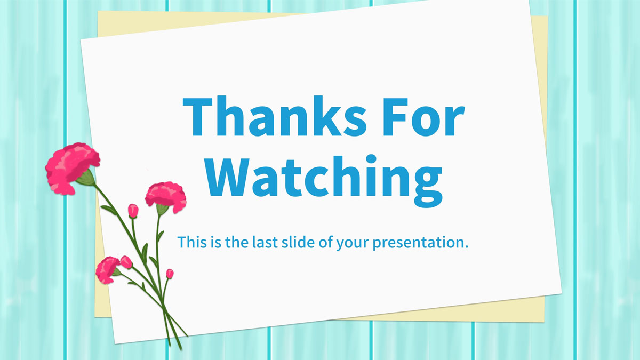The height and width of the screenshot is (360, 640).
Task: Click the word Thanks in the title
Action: point(274,117)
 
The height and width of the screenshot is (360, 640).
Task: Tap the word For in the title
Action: point(424,117)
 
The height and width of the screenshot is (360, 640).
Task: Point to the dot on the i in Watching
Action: point(371,159)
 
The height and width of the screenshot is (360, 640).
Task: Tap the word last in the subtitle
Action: point(265,242)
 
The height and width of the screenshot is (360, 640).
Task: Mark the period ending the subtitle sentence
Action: point(466,246)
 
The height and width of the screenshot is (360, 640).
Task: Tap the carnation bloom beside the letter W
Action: point(166,197)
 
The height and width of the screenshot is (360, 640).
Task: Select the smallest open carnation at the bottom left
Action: point(107,270)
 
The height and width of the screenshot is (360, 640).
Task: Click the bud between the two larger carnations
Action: point(133,211)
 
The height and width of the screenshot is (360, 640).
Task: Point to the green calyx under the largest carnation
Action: point(86,178)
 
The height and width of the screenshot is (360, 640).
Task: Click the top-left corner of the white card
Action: point(81,41)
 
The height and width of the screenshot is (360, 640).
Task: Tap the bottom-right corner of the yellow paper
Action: point(544,322)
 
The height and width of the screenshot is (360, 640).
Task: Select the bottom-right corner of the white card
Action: point(562,292)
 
